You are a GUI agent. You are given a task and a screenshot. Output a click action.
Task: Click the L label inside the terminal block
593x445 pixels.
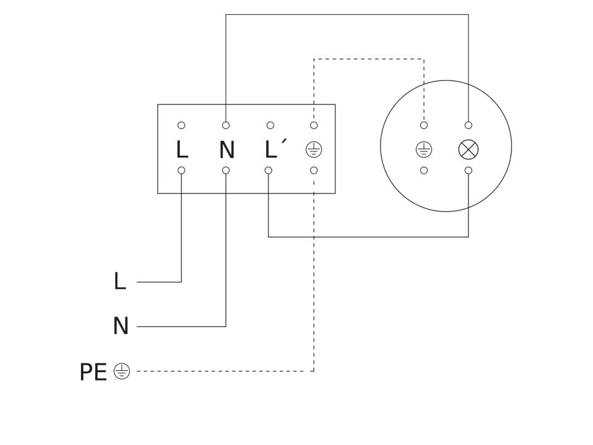[182, 150]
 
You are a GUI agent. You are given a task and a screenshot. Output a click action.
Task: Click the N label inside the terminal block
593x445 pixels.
[227, 150]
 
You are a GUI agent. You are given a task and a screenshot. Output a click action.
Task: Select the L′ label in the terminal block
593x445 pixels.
[275, 149]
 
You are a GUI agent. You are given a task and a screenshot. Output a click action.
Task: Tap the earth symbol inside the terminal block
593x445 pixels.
[314, 150]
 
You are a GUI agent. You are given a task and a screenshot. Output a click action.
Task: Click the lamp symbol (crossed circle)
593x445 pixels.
[468, 150]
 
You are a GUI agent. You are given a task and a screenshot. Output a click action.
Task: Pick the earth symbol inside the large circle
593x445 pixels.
[424, 150]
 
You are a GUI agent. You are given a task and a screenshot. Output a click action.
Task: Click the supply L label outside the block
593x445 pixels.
[119, 281]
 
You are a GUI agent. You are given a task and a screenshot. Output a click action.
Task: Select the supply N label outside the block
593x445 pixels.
[120, 326]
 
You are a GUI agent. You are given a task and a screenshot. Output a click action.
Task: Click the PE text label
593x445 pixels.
[93, 372]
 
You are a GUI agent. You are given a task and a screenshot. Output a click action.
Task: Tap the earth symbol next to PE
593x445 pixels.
[122, 371]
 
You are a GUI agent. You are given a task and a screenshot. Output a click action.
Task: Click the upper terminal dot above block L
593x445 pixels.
[181, 125]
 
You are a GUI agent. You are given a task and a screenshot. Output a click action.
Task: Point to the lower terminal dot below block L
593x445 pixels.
[181, 171]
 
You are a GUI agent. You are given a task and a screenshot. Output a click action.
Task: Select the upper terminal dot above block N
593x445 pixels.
[226, 125]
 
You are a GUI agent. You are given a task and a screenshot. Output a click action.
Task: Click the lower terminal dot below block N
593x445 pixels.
[226, 171]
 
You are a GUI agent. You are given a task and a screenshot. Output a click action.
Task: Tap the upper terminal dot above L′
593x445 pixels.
[270, 125]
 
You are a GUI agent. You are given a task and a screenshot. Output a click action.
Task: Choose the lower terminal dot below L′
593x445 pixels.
[268, 171]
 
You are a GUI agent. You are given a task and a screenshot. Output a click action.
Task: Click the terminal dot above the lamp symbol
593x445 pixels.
[468, 125]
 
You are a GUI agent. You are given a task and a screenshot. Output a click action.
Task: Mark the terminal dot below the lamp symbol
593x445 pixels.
[468, 171]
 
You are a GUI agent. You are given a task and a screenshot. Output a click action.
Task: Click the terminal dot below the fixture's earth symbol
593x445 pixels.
[424, 171]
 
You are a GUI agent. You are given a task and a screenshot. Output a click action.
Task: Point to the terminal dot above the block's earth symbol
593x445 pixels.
[314, 125]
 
